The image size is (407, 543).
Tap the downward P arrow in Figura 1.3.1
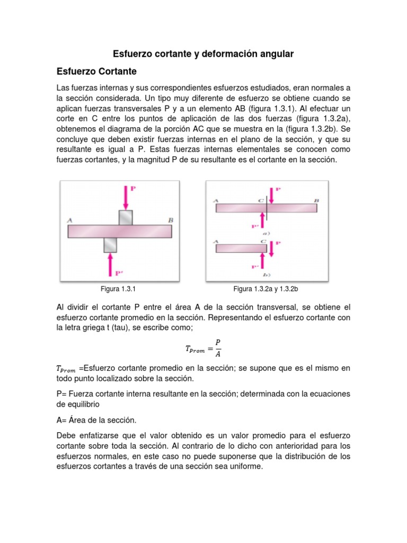coord(126,198)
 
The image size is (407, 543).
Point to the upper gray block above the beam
coord(126,217)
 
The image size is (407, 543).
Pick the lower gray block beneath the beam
coord(110,244)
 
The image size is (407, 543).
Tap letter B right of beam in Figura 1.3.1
coord(171,220)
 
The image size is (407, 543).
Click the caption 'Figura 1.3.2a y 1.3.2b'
coord(267,289)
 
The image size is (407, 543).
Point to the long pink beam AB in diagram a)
coord(266,208)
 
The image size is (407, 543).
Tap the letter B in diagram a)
coord(316,200)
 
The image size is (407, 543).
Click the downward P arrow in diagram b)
coord(271,248)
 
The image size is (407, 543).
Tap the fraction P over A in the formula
coord(219,348)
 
